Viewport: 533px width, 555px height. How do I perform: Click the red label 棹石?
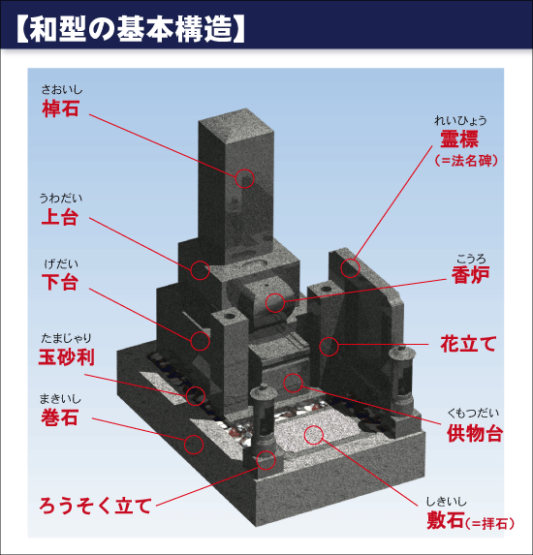[x=60, y=108]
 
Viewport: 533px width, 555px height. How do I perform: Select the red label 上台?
[x=59, y=217]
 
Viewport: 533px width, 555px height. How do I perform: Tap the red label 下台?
[x=60, y=282]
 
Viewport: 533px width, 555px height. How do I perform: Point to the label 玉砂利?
[x=67, y=356]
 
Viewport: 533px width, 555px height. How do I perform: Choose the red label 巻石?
[x=59, y=416]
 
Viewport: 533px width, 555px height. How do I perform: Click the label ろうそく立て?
[x=96, y=506]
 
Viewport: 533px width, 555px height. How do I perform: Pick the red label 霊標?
[x=459, y=139]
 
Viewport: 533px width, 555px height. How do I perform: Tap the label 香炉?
[x=470, y=275]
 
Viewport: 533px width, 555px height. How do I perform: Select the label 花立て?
[x=468, y=344]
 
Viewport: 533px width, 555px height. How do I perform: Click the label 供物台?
[x=475, y=433]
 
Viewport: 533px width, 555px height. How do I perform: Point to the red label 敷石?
[x=445, y=521]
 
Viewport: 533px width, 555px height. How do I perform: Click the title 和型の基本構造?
[x=131, y=28]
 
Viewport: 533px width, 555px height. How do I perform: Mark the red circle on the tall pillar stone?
[x=244, y=178]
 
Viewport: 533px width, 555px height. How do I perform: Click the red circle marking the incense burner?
[x=275, y=302]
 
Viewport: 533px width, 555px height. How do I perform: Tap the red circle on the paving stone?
[x=313, y=435]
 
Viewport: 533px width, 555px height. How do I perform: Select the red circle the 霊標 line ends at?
[x=350, y=268]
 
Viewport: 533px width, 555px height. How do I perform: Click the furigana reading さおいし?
[x=62, y=90]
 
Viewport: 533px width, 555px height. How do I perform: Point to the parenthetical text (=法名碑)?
[x=466, y=161]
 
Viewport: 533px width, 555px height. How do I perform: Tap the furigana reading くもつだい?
[x=473, y=413]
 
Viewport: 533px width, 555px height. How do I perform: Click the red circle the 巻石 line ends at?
[x=194, y=444]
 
